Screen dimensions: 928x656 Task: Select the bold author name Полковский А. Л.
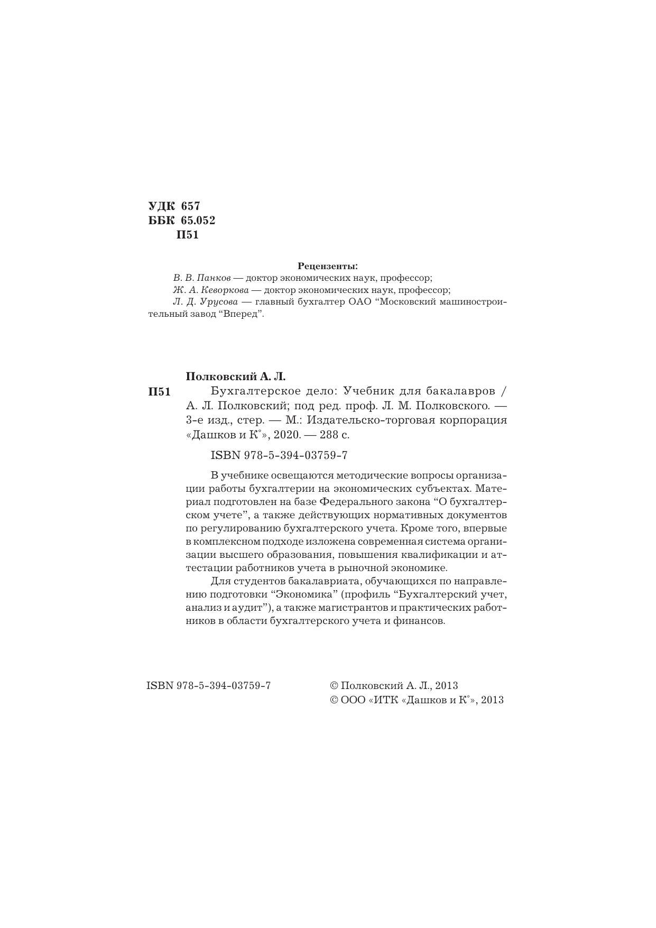point(235,376)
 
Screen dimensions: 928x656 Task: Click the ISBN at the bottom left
point(208,685)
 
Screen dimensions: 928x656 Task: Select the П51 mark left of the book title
point(159,392)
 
